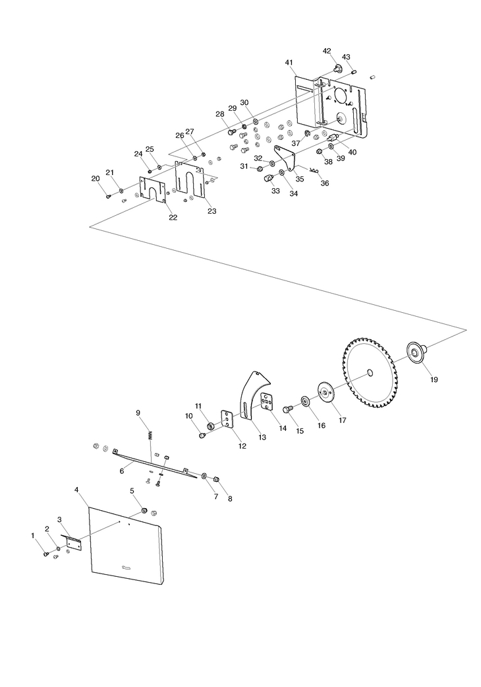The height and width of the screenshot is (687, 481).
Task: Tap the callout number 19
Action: pos(434,380)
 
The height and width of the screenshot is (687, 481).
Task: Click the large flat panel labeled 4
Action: pos(127,546)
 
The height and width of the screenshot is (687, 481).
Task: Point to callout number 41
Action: pos(289,63)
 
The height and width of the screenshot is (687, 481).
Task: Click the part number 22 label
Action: pos(173,217)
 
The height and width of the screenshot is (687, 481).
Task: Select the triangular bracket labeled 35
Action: pos(287,161)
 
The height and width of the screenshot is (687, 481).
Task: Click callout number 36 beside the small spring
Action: pos(324,183)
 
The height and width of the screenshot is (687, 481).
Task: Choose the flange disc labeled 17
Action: pos(325,392)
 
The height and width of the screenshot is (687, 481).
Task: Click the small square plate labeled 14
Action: pos(267,401)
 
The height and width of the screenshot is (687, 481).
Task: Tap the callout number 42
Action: pos(327,51)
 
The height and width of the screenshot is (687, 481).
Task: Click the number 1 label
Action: pos(32,535)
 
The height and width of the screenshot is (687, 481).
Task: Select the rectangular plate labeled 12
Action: pos(227,420)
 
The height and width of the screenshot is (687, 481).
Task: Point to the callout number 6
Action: pos(122,471)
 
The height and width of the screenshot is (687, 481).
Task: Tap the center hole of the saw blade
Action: pos(370,372)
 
